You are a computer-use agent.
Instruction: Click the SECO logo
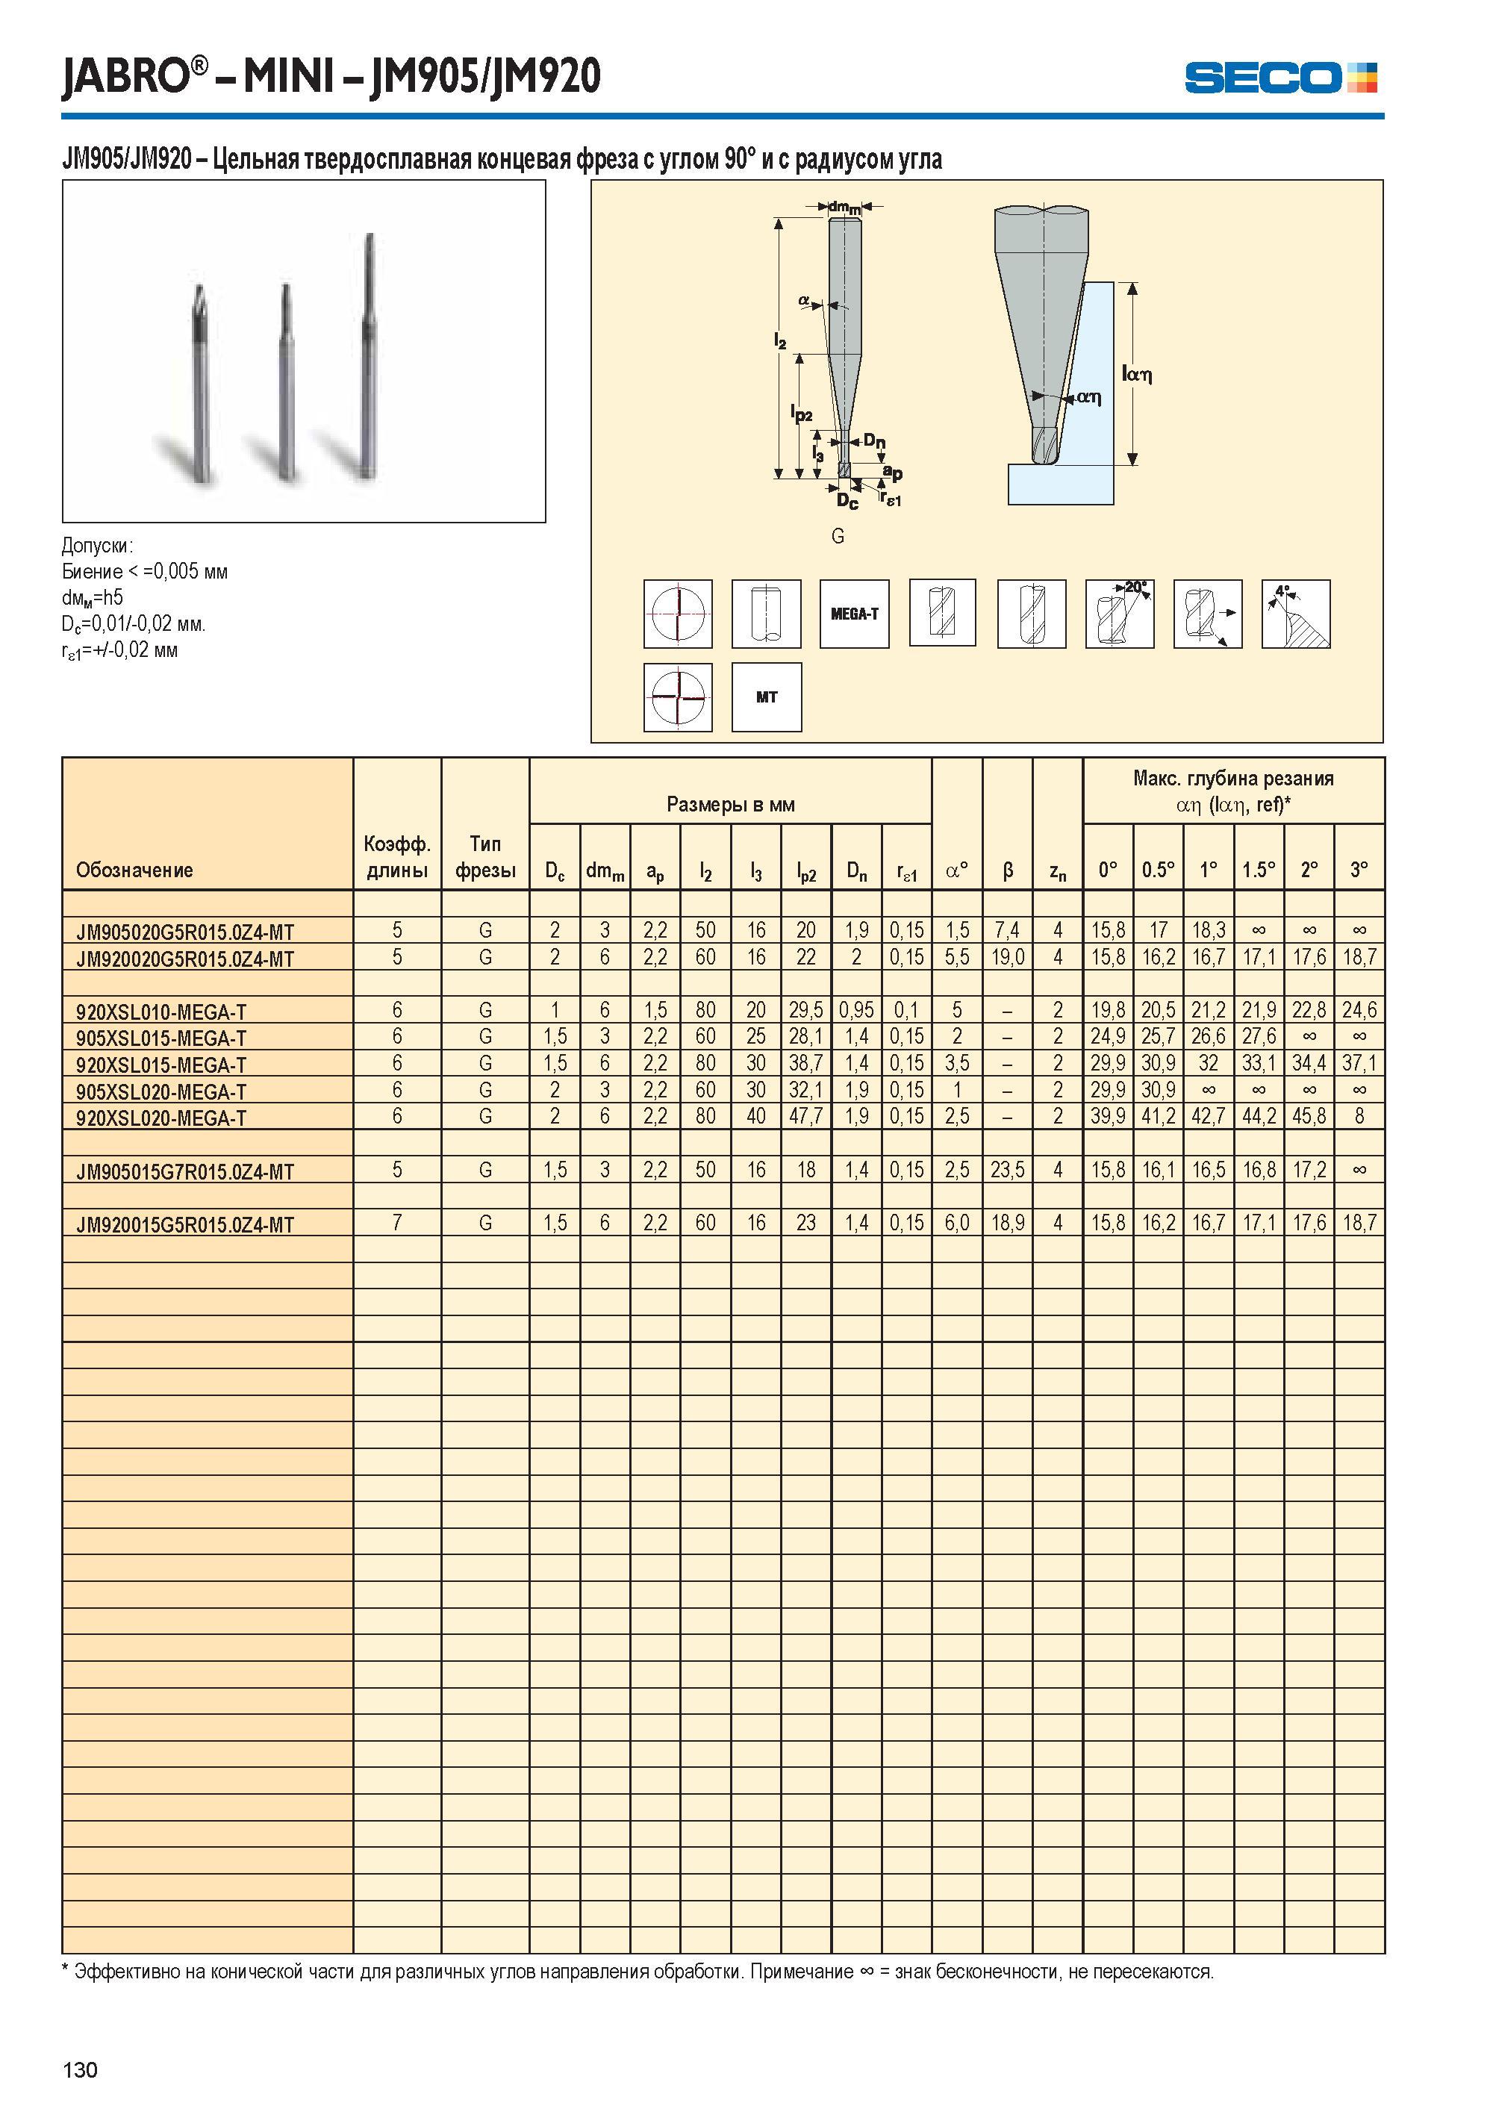[1280, 77]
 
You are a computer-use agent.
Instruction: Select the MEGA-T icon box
[854, 614]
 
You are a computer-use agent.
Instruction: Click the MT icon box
[766, 697]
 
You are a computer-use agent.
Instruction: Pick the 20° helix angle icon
[1119, 614]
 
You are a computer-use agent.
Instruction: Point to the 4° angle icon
[1295, 614]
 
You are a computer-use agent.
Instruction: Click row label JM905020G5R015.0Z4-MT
[185, 932]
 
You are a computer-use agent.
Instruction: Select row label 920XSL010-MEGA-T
[161, 1012]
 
